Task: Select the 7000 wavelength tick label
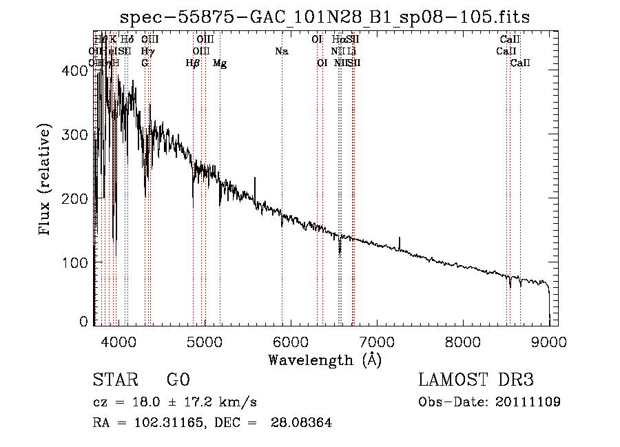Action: point(377,340)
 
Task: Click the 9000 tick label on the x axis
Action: point(549,340)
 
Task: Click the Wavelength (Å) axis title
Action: point(324,360)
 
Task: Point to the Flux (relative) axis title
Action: point(46,180)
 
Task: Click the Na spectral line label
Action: point(281,51)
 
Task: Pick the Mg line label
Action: point(220,63)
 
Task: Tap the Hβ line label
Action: point(193,63)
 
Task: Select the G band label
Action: point(145,63)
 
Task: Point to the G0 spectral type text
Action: point(178,380)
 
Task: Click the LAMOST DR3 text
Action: point(476,380)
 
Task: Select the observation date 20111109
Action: point(530,402)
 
